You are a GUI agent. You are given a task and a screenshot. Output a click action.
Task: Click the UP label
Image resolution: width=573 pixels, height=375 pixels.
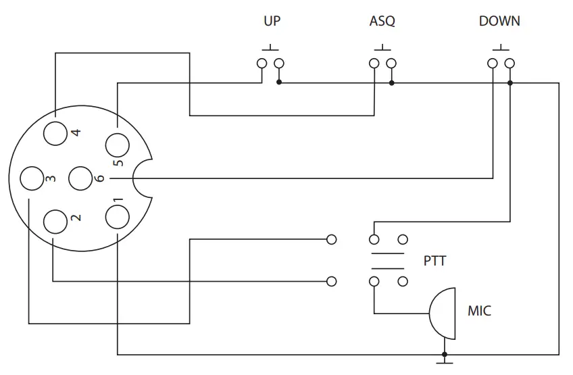(x=272, y=21)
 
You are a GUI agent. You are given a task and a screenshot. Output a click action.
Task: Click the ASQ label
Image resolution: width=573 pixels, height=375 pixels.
(x=382, y=21)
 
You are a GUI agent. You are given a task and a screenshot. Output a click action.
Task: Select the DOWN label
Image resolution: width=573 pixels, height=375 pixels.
(x=499, y=21)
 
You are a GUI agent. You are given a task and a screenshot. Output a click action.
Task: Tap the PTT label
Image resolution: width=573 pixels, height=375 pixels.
(x=434, y=260)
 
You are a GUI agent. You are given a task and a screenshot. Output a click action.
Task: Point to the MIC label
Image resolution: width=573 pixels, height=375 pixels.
(x=479, y=311)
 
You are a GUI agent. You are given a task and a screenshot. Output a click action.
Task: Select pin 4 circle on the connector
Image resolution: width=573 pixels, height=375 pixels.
(x=57, y=131)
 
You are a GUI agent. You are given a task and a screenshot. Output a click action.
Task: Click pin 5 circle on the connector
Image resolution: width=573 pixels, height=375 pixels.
(x=117, y=145)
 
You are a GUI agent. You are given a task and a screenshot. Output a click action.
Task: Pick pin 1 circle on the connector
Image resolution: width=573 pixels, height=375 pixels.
(x=117, y=218)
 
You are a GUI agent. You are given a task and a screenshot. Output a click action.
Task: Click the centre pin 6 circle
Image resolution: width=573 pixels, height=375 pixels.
(x=82, y=178)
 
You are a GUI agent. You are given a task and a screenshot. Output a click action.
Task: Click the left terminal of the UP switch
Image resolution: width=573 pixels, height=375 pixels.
(x=261, y=64)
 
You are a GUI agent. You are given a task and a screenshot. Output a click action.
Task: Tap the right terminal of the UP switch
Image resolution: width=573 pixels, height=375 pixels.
(x=279, y=64)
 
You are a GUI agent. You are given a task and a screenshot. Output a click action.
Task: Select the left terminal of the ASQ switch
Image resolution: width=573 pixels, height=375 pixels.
(x=374, y=64)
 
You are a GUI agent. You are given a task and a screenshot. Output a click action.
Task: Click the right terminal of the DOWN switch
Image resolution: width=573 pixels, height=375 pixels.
(x=509, y=64)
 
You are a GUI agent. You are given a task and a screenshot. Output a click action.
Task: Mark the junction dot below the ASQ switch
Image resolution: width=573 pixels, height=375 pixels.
(x=392, y=83)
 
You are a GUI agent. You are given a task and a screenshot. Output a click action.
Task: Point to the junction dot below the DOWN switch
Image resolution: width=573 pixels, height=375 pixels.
(x=510, y=83)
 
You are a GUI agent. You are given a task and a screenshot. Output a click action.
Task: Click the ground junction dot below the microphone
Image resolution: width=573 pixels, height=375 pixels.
(x=445, y=354)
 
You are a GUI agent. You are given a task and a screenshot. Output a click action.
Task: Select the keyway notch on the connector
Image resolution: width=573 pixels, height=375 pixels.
(x=143, y=178)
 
